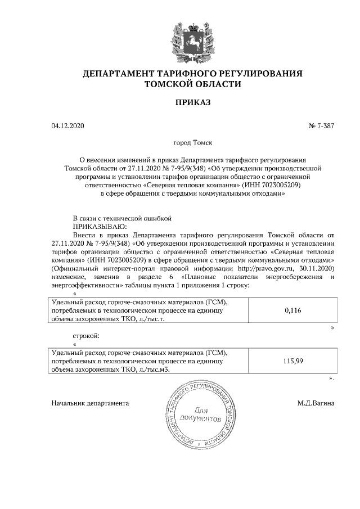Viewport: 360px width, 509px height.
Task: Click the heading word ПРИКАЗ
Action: coord(192,102)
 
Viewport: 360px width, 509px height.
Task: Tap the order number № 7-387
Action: coord(321,126)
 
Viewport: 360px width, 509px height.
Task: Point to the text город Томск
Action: coord(192,143)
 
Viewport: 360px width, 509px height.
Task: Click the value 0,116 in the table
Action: coord(293,310)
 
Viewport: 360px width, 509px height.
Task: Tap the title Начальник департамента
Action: coord(90,403)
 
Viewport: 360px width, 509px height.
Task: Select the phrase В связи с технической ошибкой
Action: coord(121,217)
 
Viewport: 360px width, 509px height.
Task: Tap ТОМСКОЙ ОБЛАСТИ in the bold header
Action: coord(192,84)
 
